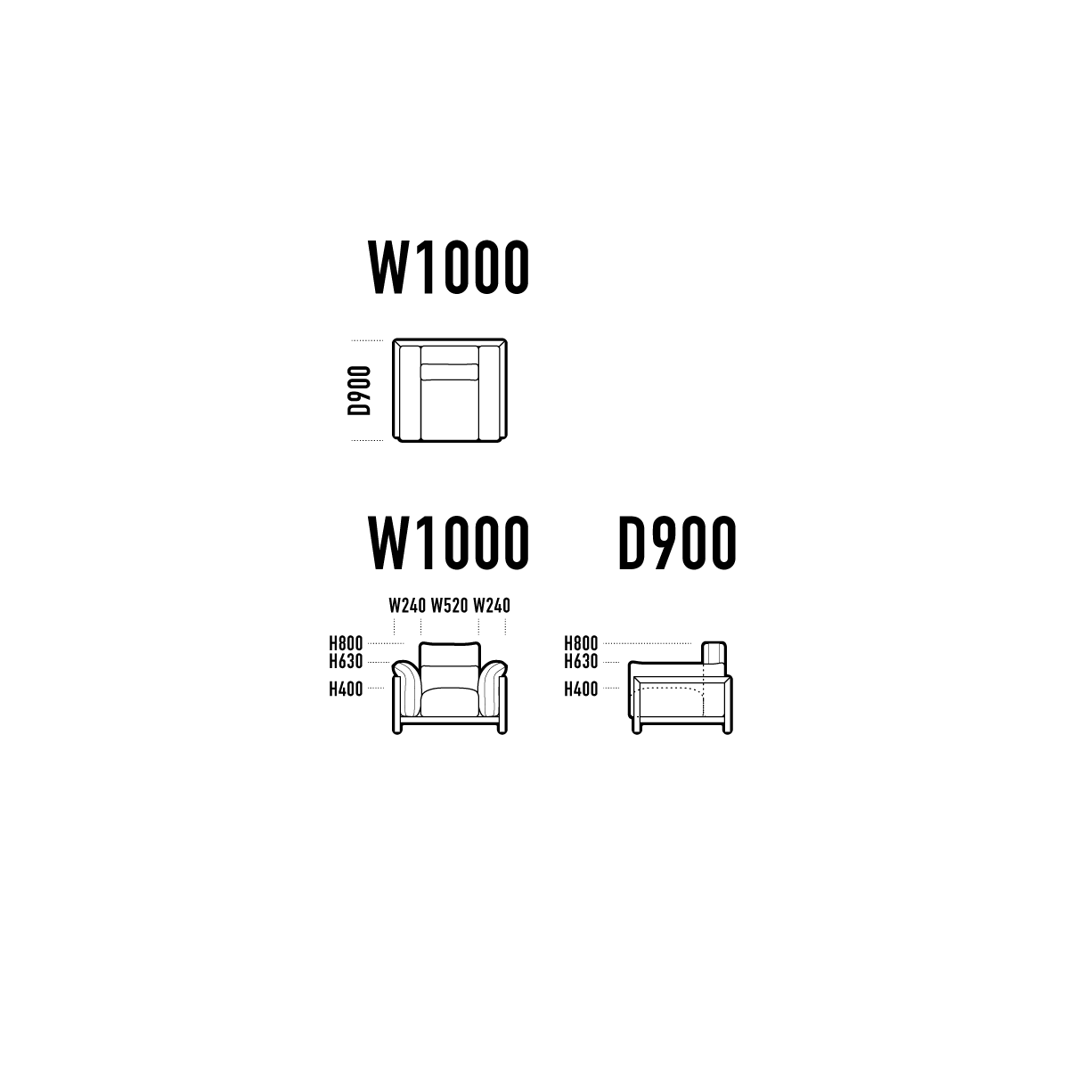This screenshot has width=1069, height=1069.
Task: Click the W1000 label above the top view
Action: coord(448,267)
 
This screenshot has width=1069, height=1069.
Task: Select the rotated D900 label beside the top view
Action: coord(359,390)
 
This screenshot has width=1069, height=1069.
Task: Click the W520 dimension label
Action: coord(449,605)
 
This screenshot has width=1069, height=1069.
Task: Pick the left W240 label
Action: coord(407,605)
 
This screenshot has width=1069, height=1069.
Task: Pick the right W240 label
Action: coord(492,605)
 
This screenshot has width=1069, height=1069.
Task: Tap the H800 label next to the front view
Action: coord(346,643)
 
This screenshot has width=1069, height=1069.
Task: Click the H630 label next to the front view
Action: coord(346,661)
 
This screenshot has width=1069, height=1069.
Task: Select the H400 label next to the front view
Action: coord(346,689)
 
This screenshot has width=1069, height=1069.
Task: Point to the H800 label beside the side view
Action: coord(581,643)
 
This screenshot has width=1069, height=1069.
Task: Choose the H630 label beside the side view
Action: coord(581,661)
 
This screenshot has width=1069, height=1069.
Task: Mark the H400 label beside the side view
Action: coord(581,689)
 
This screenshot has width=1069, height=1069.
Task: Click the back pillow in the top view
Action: coord(449,371)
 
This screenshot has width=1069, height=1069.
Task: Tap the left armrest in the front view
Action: coord(407,688)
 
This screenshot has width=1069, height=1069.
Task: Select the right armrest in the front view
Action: coord(493,688)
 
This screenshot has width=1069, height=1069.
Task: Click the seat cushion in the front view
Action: coord(449,702)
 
